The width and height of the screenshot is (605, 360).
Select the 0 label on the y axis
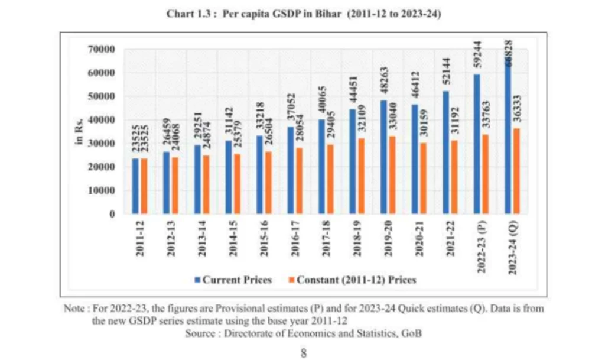(x=111, y=214)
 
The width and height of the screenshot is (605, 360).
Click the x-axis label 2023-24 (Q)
(x=513, y=245)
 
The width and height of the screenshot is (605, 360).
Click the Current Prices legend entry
(x=232, y=280)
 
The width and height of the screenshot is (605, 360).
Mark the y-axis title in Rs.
(x=78, y=132)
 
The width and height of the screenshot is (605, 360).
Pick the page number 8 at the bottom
(x=303, y=353)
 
